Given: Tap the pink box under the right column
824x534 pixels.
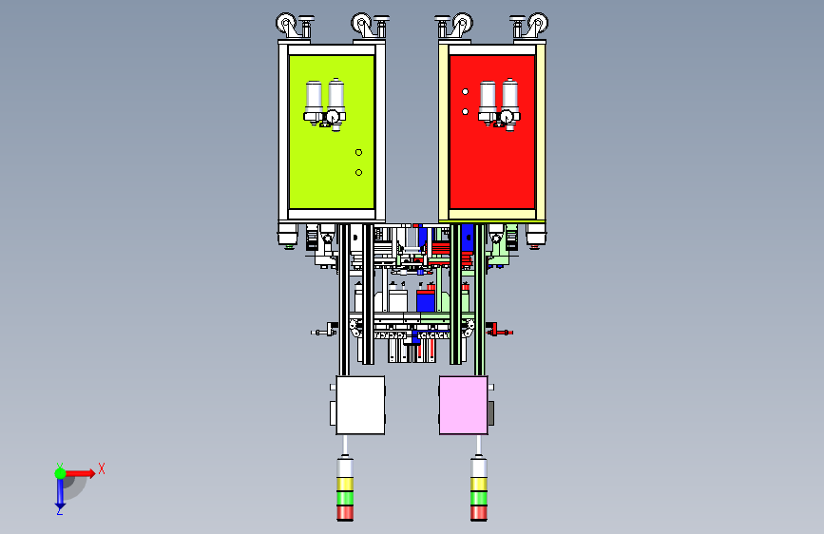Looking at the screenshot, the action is pos(463,405).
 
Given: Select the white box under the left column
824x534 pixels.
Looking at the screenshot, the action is pos(360,405).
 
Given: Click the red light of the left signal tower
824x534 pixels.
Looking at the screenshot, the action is pos(345,512).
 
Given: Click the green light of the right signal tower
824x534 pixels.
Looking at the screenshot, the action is pos(479,498).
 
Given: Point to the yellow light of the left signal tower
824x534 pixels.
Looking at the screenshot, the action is pos(345,484).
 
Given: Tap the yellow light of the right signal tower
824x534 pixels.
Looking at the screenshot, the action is pos(479,484).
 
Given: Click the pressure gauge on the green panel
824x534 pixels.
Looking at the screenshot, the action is pos(333,116).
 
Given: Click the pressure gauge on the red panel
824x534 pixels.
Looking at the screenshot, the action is pos(507,116).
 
